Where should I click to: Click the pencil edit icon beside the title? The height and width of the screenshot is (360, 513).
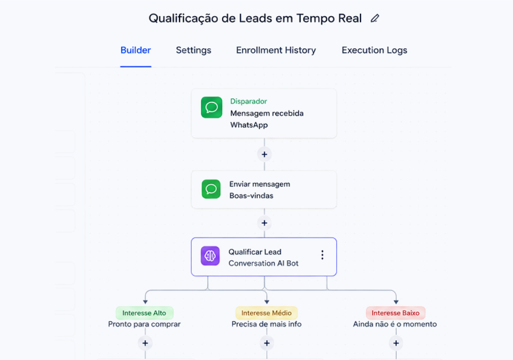click(375, 18)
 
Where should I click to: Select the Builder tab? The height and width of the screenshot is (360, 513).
click(136, 50)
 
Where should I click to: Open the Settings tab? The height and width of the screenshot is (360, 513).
click(194, 50)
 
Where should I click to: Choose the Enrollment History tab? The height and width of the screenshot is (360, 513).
click(276, 50)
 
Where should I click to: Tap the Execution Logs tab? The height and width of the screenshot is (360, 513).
click(374, 50)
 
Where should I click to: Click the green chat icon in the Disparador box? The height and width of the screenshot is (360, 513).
click(211, 107)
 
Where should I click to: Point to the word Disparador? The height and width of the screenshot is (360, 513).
click(248, 101)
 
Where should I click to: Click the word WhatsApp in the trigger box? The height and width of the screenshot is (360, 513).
click(249, 125)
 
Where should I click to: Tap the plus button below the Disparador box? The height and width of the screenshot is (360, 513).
click(264, 154)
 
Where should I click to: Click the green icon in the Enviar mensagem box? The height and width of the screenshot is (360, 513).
click(211, 189)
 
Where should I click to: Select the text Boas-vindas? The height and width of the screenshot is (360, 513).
click(251, 196)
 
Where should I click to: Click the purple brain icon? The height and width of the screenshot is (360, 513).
click(210, 256)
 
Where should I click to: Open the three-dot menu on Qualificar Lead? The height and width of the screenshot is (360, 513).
click(322, 255)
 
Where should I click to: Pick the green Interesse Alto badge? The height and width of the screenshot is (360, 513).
click(144, 313)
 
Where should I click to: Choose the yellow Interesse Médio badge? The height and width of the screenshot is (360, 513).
click(266, 313)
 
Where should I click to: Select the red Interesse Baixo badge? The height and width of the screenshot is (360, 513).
click(395, 313)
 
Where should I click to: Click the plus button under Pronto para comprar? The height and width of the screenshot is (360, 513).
click(145, 343)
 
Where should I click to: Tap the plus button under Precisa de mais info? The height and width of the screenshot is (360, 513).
click(267, 343)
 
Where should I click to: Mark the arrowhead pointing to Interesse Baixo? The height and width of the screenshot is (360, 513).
click(396, 302)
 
